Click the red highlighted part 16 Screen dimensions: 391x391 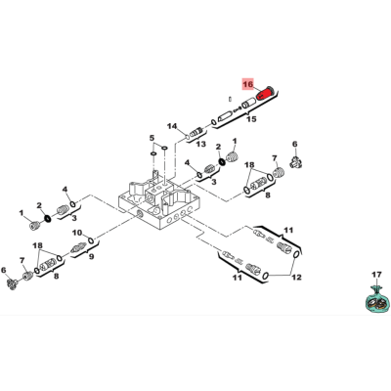coord(265,94)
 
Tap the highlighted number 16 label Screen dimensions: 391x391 coord(248,84)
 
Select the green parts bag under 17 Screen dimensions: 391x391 coord(376,298)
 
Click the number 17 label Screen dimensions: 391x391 coord(376,275)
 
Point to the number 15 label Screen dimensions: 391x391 coord(251,119)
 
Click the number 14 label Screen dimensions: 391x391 coord(172,126)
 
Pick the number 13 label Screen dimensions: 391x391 coord(201,144)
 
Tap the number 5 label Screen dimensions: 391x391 coord(152,138)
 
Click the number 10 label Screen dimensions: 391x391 coord(77,233)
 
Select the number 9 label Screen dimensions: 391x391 coord(92,256)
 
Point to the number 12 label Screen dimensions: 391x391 coord(296,278)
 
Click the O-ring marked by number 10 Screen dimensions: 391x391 coord(91,240)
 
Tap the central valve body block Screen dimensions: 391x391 coord(158,203)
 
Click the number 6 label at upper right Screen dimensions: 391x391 coord(295,144)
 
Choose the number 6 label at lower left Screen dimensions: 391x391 coord(4,270)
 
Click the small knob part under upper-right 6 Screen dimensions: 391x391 coord(295,162)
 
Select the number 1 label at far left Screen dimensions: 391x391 coord(22,213)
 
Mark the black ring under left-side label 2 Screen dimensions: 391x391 coord(48,218)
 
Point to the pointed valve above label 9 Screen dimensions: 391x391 coord(78,249)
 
